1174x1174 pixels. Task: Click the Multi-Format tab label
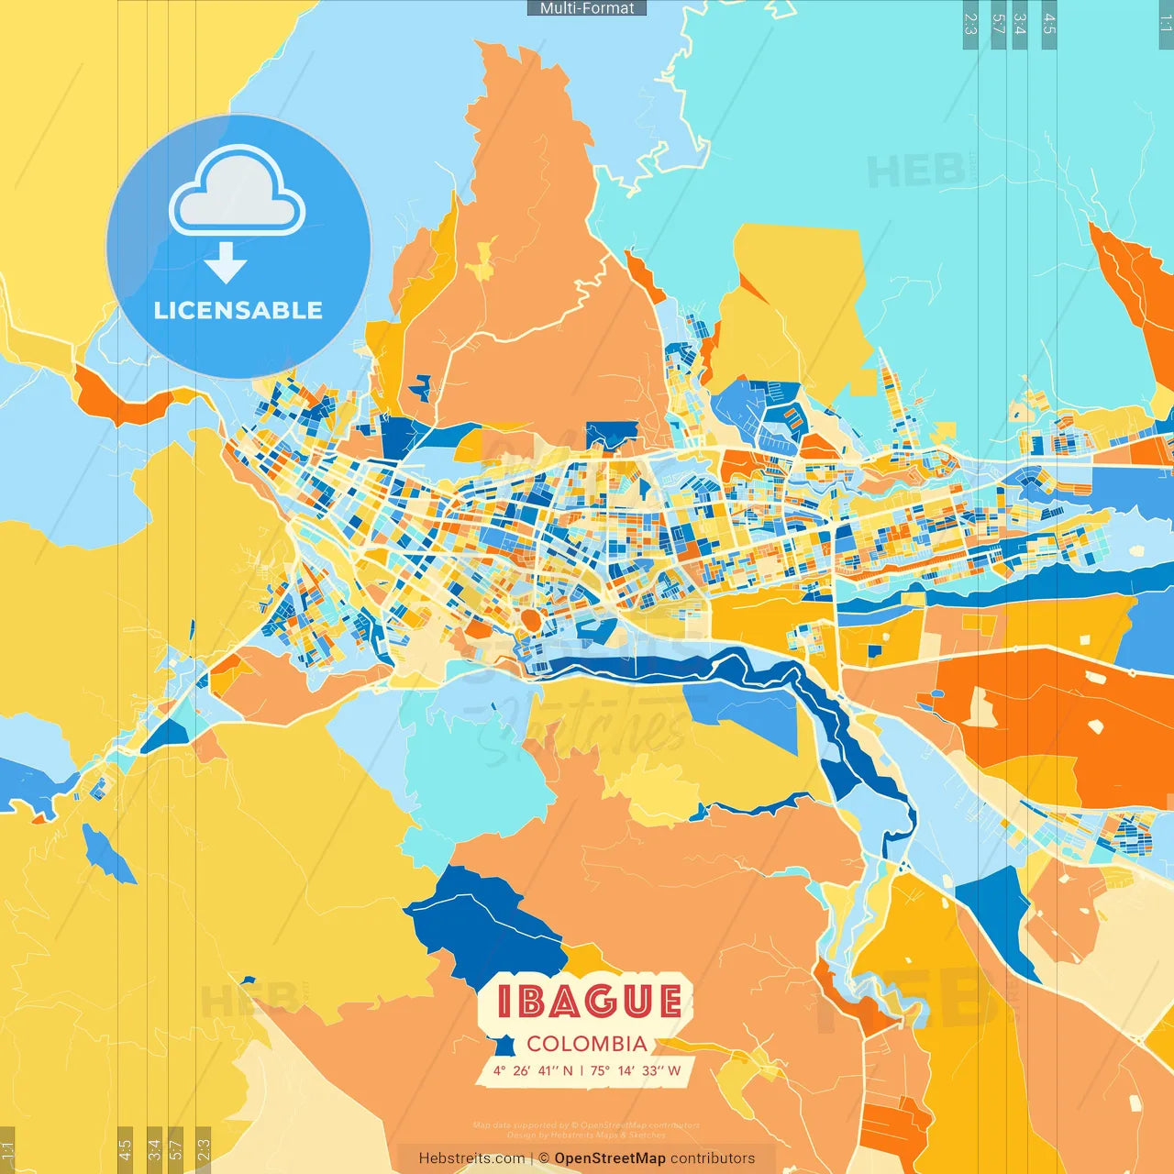[x=587, y=8]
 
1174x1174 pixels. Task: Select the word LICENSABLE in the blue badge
[x=238, y=310]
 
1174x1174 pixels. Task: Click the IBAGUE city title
[x=589, y=1002]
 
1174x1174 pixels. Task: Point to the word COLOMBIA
[x=587, y=1044]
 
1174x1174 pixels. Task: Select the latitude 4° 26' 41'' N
[x=533, y=1070]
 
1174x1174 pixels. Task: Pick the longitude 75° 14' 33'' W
[x=636, y=1070]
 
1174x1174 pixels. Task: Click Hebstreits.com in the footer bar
[x=471, y=1158]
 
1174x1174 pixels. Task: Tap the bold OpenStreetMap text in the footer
[x=610, y=1158]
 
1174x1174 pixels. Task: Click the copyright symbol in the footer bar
[x=544, y=1158]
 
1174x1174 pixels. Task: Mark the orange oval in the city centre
[x=530, y=620]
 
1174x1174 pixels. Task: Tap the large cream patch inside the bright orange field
[x=980, y=707]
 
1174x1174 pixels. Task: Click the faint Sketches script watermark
[x=587, y=725]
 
